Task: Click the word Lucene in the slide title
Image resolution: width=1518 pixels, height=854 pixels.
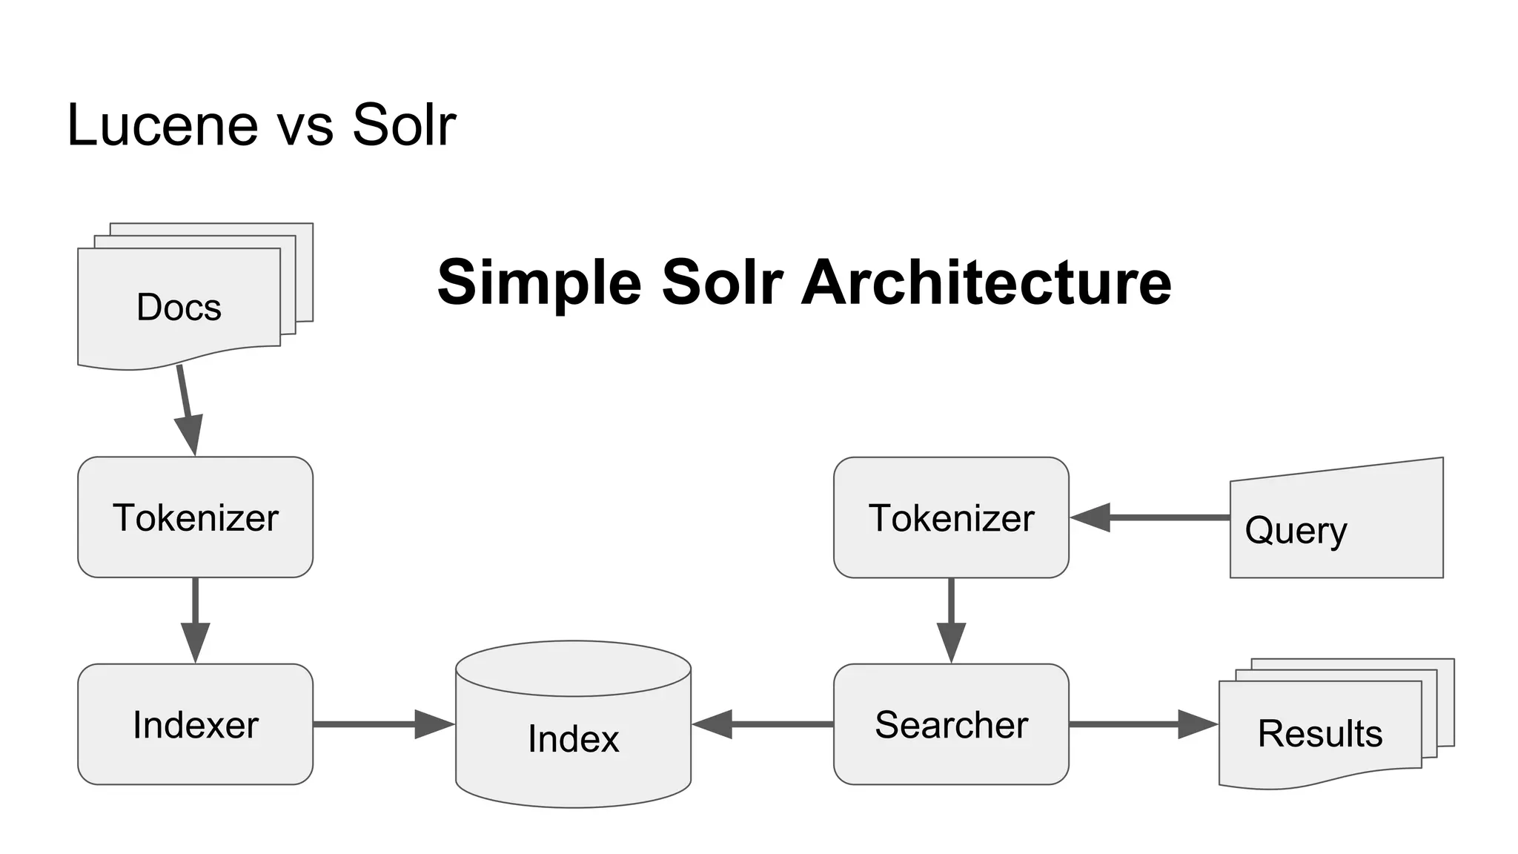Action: pyautogui.click(x=162, y=125)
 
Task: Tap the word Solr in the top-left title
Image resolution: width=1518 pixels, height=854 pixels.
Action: pyautogui.click(x=403, y=125)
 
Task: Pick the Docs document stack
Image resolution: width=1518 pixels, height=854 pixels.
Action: pyautogui.click(x=179, y=307)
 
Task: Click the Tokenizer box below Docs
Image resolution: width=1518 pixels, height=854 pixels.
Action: pyautogui.click(x=195, y=517)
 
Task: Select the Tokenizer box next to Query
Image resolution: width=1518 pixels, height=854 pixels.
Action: pyautogui.click(x=951, y=517)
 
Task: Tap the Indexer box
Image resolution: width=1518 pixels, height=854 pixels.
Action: pyautogui.click(x=195, y=724)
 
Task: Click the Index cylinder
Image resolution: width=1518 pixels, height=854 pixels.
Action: pyautogui.click(x=573, y=738)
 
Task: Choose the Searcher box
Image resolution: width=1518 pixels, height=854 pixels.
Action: pyautogui.click(x=951, y=724)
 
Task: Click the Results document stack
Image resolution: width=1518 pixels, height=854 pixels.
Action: pyautogui.click(x=1320, y=732)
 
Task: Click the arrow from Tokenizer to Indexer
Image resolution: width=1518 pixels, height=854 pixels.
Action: pyautogui.click(x=195, y=619)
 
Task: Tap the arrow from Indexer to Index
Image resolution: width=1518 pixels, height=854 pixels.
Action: pyautogui.click(x=382, y=724)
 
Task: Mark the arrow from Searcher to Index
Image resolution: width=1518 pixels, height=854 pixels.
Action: pyautogui.click(x=763, y=724)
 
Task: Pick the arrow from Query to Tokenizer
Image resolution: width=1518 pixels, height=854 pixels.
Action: pyautogui.click(x=1149, y=517)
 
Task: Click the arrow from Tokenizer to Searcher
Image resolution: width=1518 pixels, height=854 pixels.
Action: pyautogui.click(x=951, y=619)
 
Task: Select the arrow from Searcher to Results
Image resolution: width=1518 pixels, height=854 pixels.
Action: pyautogui.click(x=1141, y=724)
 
